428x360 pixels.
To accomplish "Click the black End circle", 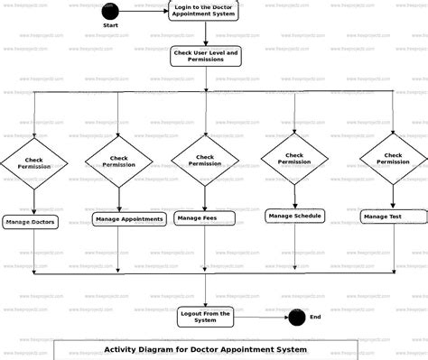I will coord(295,317).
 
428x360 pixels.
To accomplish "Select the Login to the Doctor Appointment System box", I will coord(205,11).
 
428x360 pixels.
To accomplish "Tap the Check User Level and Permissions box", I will coord(205,57).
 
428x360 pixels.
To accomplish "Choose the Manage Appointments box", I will coord(128,219).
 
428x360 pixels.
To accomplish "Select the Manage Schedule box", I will coord(294,216).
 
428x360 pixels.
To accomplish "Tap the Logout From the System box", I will coord(205,316).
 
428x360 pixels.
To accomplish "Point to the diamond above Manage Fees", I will coord(205,161).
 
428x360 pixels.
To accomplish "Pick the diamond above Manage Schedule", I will coord(294,158).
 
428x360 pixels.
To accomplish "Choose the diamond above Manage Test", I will coord(393,158).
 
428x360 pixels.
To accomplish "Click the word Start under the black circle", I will coord(110,25).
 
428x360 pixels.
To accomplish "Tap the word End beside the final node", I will coord(315,317).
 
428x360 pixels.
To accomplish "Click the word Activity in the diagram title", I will coord(124,349).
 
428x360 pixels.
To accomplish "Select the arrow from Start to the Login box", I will coord(144,11).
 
